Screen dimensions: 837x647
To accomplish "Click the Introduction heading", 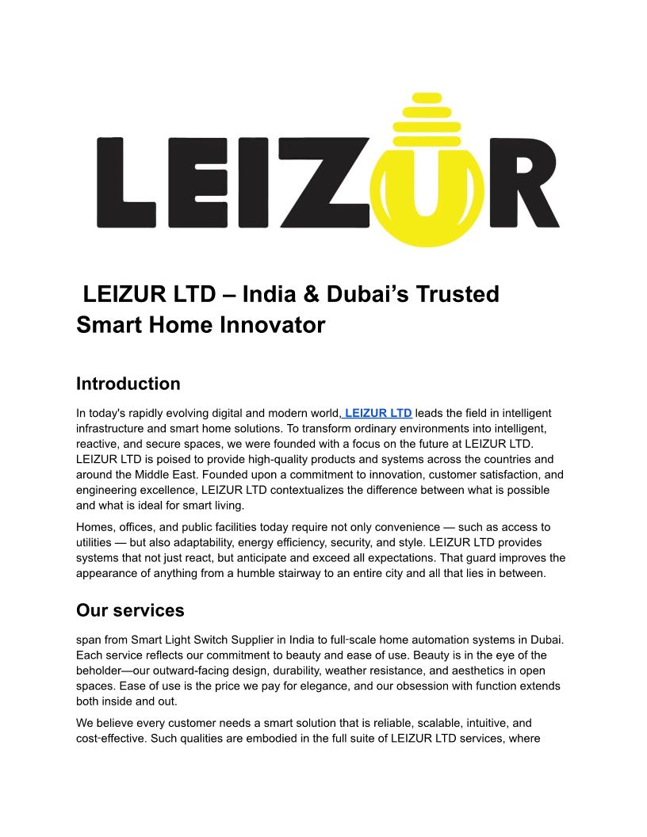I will (x=128, y=384).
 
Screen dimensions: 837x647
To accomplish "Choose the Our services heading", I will (x=130, y=610).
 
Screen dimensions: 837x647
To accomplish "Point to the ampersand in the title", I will (x=312, y=294).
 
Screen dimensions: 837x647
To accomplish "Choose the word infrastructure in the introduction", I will (x=111, y=429).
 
